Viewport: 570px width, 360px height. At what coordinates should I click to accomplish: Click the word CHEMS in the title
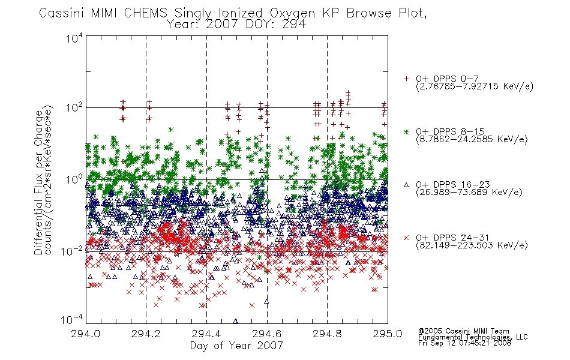pyautogui.click(x=145, y=13)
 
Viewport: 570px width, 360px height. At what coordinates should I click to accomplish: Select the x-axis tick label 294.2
pyautogui.click(x=146, y=334)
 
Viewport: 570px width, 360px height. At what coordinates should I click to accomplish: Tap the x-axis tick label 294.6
pyautogui.click(x=267, y=334)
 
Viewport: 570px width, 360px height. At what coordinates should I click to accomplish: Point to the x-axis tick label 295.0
pyautogui.click(x=388, y=334)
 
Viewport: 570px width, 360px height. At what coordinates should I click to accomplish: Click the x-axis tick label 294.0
pyautogui.click(x=85, y=334)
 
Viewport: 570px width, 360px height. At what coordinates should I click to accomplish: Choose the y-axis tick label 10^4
pyautogui.click(x=74, y=38)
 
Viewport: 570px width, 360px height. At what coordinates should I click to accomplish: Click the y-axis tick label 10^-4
pyautogui.click(x=72, y=319)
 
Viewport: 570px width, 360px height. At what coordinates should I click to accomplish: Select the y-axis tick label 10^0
pyautogui.click(x=74, y=179)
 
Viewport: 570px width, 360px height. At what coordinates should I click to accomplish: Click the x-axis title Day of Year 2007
pyautogui.click(x=236, y=346)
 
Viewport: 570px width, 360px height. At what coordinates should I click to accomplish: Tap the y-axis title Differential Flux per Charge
pyautogui.click(x=38, y=182)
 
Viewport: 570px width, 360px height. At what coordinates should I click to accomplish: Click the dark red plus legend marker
pyautogui.click(x=406, y=79)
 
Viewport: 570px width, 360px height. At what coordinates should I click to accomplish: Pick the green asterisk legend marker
pyautogui.click(x=406, y=131)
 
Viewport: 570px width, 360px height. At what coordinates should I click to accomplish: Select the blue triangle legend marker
pyautogui.click(x=406, y=185)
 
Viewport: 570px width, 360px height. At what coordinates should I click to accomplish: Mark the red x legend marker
pyautogui.click(x=406, y=238)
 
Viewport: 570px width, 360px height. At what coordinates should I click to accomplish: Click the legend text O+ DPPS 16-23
pyautogui.click(x=453, y=184)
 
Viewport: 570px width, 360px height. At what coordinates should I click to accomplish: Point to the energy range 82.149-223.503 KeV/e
pyautogui.click(x=472, y=245)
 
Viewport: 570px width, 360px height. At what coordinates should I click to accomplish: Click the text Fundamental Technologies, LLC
pyautogui.click(x=473, y=337)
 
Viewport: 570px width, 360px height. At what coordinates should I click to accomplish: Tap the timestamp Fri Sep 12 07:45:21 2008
pyautogui.click(x=465, y=343)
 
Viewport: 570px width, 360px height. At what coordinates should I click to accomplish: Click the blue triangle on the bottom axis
pyautogui.click(x=235, y=322)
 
